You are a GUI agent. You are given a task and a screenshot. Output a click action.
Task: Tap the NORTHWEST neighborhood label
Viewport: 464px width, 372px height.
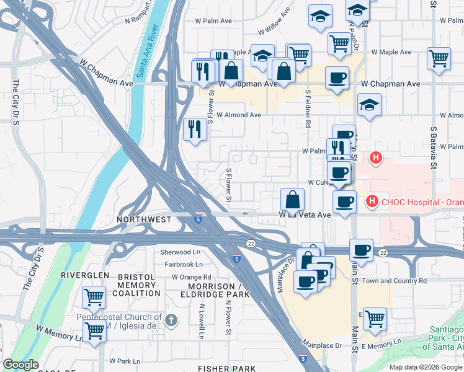point(144,219)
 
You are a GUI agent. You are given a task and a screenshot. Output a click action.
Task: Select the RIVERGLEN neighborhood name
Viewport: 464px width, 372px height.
point(85,275)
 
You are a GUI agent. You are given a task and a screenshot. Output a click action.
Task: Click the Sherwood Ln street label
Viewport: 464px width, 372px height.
point(181,252)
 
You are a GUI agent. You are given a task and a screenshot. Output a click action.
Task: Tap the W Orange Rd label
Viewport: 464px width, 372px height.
point(192,277)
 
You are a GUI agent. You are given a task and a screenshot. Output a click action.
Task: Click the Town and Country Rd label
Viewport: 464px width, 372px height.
point(395,281)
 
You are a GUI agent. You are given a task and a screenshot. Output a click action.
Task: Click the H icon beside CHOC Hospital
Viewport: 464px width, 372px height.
point(372,201)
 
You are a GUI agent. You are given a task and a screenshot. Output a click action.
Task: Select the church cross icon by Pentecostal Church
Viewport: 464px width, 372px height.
point(172,321)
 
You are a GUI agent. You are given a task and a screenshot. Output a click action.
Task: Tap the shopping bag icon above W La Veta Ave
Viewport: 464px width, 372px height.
point(292,199)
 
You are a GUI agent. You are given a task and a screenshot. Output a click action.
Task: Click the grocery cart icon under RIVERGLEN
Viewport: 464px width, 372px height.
point(94,298)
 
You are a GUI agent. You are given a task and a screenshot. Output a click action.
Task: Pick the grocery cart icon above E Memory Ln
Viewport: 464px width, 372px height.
point(375,319)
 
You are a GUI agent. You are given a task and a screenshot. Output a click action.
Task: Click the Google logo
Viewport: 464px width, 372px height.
point(21,365)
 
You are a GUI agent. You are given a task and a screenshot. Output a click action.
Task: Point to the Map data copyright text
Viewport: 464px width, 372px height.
point(425,366)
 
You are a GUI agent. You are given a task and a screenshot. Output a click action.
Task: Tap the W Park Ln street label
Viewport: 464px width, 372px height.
point(125,360)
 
